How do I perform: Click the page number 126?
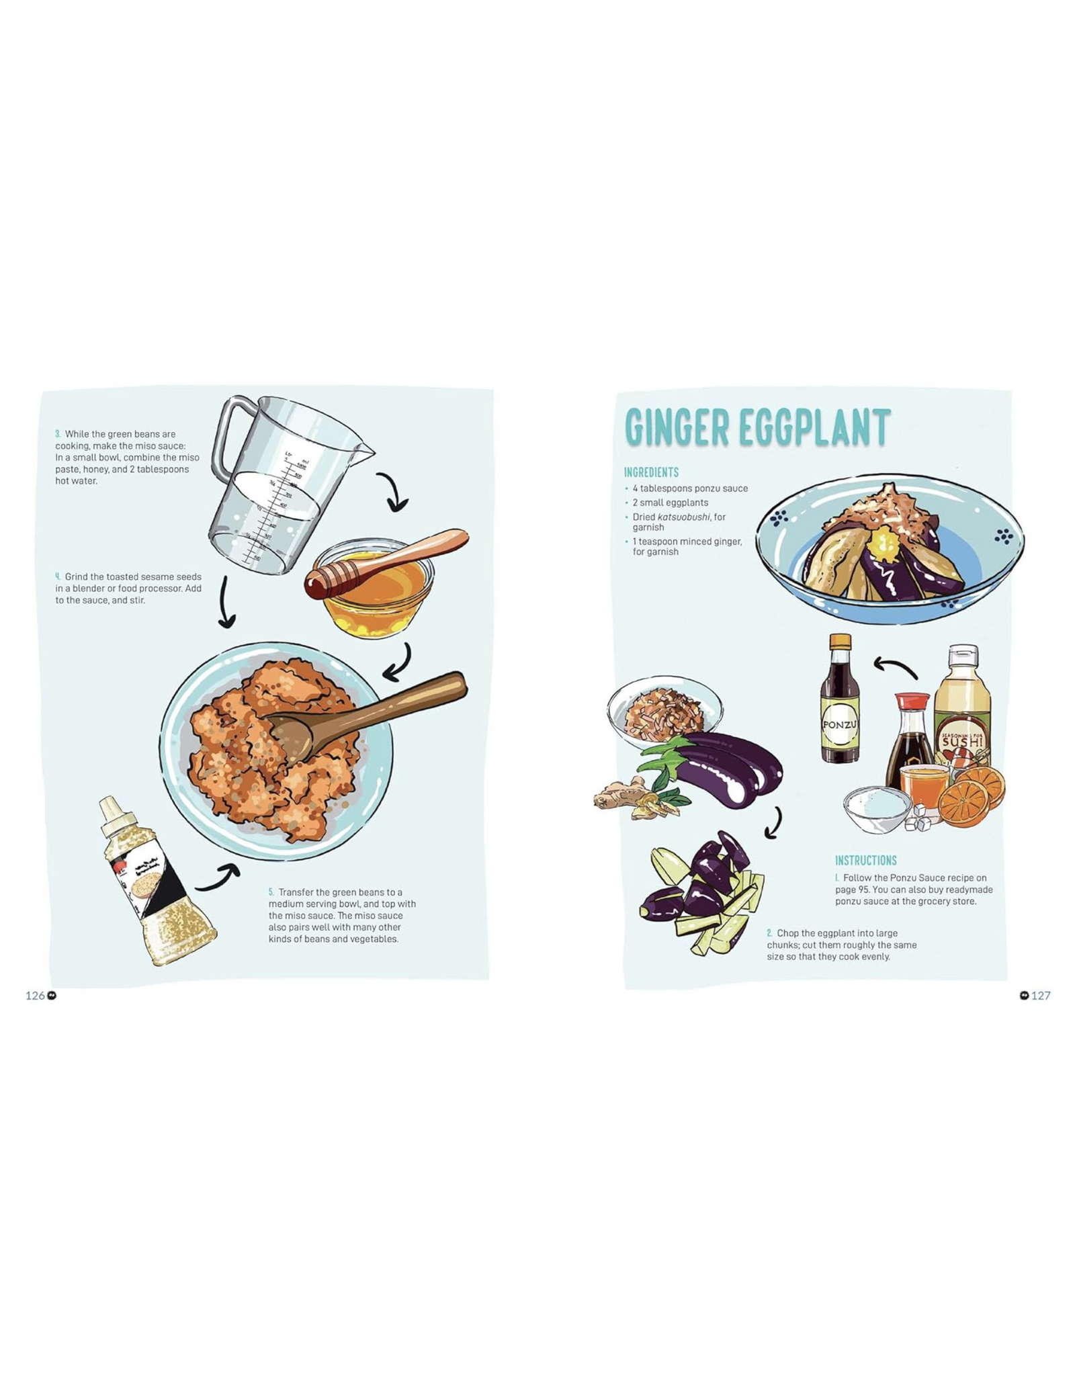[35, 995]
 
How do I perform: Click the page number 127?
[1040, 995]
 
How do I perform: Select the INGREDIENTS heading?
[651, 472]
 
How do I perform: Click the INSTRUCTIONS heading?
[865, 860]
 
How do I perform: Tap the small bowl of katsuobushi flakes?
[664, 712]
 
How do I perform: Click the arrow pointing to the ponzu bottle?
[895, 666]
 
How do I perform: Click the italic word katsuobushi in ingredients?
[683, 517]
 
